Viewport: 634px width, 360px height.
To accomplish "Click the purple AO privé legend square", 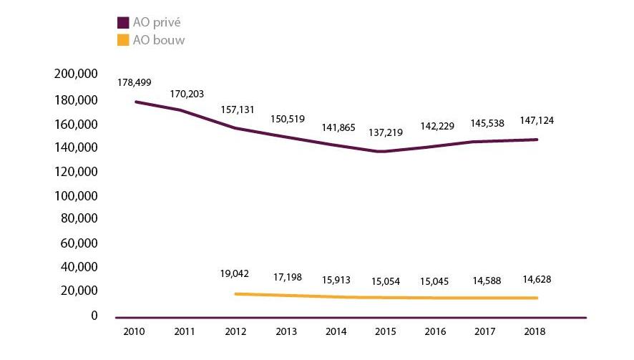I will [x=123, y=23].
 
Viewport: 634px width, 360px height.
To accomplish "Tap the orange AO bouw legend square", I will [x=123, y=40].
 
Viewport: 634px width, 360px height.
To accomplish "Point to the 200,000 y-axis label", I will [x=74, y=76].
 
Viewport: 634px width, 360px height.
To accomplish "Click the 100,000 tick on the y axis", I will [x=74, y=195].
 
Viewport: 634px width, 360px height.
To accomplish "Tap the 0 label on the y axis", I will [x=94, y=315].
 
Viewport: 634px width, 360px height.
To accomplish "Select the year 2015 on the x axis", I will [x=386, y=331].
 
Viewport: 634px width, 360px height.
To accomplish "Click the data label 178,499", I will [x=134, y=82].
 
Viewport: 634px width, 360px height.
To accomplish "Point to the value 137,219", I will [x=386, y=132].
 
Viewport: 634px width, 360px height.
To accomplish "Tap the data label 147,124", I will [x=537, y=120].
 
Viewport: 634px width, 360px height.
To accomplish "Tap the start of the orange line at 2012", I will [x=235, y=293].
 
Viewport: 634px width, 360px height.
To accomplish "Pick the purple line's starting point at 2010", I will [x=135, y=102].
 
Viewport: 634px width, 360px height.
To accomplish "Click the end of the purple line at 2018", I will [x=537, y=140].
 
